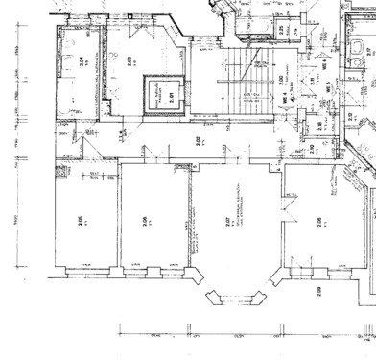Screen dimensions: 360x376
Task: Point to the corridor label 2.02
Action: click(197, 141)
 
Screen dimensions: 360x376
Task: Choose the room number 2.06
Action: click(144, 220)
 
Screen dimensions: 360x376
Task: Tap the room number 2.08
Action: click(317, 220)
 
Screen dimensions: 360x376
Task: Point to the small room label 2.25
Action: click(281, 31)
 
